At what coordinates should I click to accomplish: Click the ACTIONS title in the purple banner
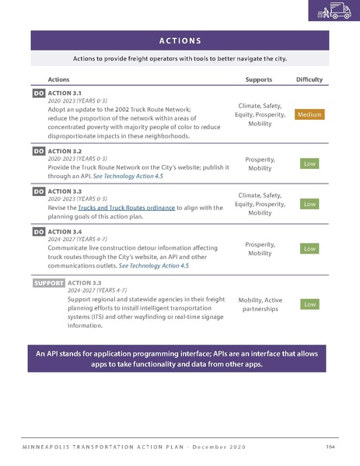[180, 40]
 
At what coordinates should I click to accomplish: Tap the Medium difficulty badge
[309, 115]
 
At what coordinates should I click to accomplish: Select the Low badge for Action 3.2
[309, 163]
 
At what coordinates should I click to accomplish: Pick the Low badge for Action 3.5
[309, 304]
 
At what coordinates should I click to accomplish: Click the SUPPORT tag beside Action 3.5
[48, 283]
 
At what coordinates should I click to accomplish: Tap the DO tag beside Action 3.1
[38, 93]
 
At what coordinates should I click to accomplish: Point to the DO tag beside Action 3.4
[38, 232]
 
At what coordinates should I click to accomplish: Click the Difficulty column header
[309, 79]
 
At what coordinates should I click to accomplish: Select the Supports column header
[258, 79]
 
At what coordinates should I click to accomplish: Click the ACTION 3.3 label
[65, 191]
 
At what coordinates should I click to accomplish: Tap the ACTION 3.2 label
[65, 151]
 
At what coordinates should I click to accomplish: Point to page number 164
[330, 445]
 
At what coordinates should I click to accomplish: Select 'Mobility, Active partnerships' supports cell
[259, 304]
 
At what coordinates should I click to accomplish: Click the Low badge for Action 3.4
[309, 248]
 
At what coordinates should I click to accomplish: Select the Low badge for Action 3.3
[309, 204]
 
